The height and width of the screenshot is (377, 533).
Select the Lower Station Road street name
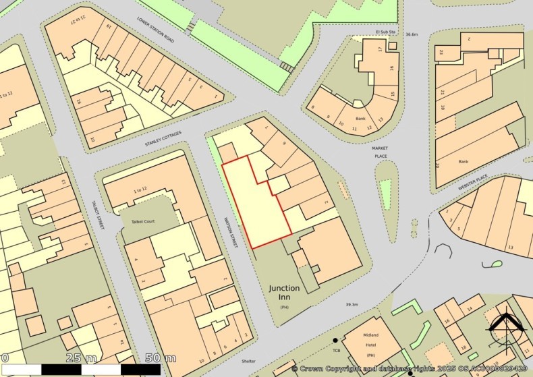click(x=155, y=31)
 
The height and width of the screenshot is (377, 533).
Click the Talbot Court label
click(x=138, y=221)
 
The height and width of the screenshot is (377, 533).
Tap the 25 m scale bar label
click(x=80, y=357)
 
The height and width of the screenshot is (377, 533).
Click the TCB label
click(x=336, y=350)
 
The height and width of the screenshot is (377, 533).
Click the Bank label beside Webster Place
click(x=463, y=161)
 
